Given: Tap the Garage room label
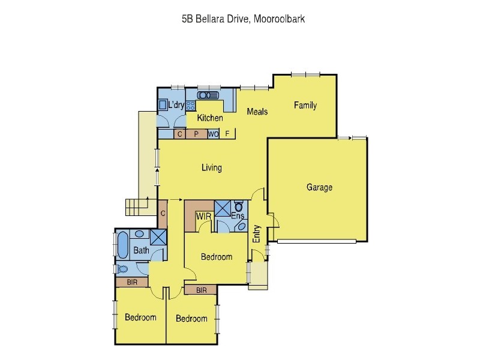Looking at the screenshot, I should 319,187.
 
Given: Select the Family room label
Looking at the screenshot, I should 305,106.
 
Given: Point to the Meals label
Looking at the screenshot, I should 257,112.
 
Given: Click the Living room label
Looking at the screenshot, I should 211,167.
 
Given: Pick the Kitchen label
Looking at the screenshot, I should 210,118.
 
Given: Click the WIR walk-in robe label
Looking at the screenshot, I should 202,215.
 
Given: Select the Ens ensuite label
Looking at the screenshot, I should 237,215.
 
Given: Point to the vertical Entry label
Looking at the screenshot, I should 257,233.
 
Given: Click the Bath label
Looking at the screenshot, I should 141,250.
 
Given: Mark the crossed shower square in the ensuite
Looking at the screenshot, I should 222,208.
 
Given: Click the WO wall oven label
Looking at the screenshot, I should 213,134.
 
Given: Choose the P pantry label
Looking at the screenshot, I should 196,134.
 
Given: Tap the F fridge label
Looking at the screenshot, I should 227,134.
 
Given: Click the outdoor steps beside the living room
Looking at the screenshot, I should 136,207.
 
